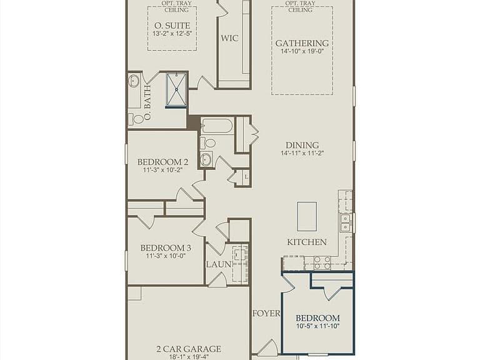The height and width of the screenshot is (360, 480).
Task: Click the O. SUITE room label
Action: (x=172, y=26)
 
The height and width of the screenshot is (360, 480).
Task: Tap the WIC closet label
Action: (x=229, y=38)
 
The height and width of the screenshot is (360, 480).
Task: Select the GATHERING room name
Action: (x=302, y=44)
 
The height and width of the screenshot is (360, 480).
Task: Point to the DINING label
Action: (x=302, y=145)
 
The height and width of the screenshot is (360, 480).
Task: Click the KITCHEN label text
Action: (x=307, y=242)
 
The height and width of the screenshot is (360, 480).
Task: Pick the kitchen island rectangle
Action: (x=307, y=216)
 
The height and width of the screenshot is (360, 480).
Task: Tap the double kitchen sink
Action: (x=346, y=222)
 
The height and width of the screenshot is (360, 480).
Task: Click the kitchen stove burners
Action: (x=322, y=263)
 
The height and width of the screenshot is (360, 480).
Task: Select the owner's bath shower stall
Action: (x=176, y=90)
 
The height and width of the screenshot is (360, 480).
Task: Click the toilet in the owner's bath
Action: (x=136, y=119)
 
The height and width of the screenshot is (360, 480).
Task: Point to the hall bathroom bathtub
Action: (x=217, y=126)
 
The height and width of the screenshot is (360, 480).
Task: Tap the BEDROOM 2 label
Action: (x=163, y=162)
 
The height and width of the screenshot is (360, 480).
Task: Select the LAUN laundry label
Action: (x=219, y=264)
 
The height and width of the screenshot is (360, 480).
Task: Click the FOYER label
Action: (x=266, y=314)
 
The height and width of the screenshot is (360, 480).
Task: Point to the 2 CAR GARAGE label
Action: (x=189, y=349)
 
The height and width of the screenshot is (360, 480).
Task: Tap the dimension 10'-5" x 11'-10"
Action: (x=317, y=326)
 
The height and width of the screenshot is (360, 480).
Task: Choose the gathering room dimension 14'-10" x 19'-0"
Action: (x=302, y=51)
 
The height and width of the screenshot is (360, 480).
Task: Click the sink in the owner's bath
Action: (x=134, y=81)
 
